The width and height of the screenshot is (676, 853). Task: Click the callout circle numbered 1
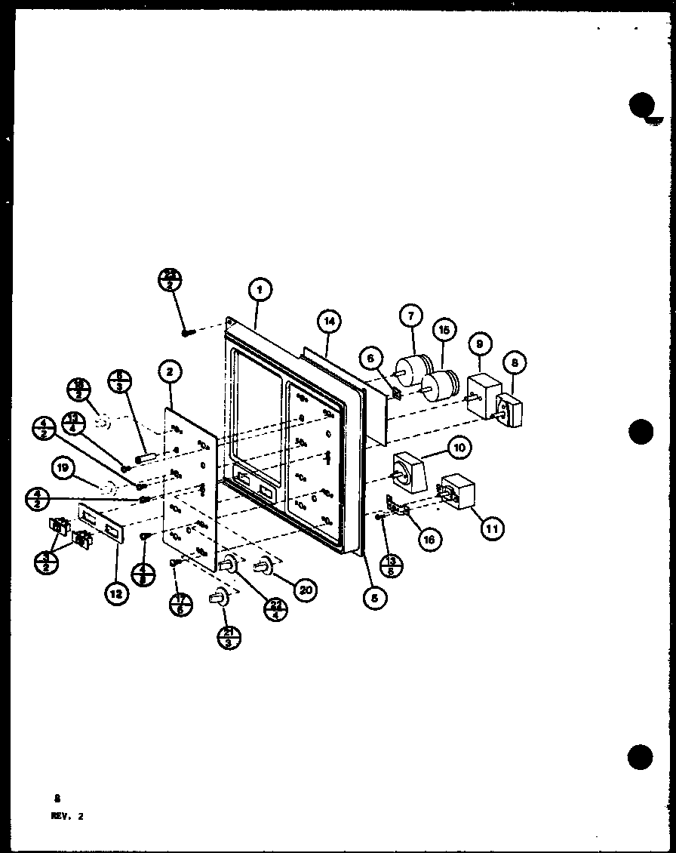[x=259, y=289]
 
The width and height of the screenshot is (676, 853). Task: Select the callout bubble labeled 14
[x=328, y=322]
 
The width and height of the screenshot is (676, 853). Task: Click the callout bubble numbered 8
[x=513, y=362]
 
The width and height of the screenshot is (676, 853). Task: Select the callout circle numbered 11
[x=491, y=528]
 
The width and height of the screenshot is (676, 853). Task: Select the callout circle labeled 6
[x=370, y=359]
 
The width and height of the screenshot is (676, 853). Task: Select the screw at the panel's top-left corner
[x=187, y=331]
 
